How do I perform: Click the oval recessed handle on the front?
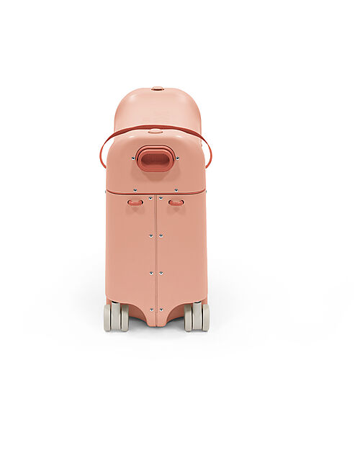tap(156, 158)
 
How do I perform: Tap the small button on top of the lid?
tap(157, 89)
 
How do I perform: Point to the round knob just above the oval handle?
tap(155, 132)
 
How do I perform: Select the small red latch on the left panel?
tap(135, 202)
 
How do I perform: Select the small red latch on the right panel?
tap(176, 202)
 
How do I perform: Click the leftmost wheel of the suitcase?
tap(108, 317)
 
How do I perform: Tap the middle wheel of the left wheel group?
tap(116, 317)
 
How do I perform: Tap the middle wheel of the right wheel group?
tap(197, 317)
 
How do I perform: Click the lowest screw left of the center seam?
tap(151, 310)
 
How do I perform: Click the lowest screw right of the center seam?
tap(161, 310)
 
